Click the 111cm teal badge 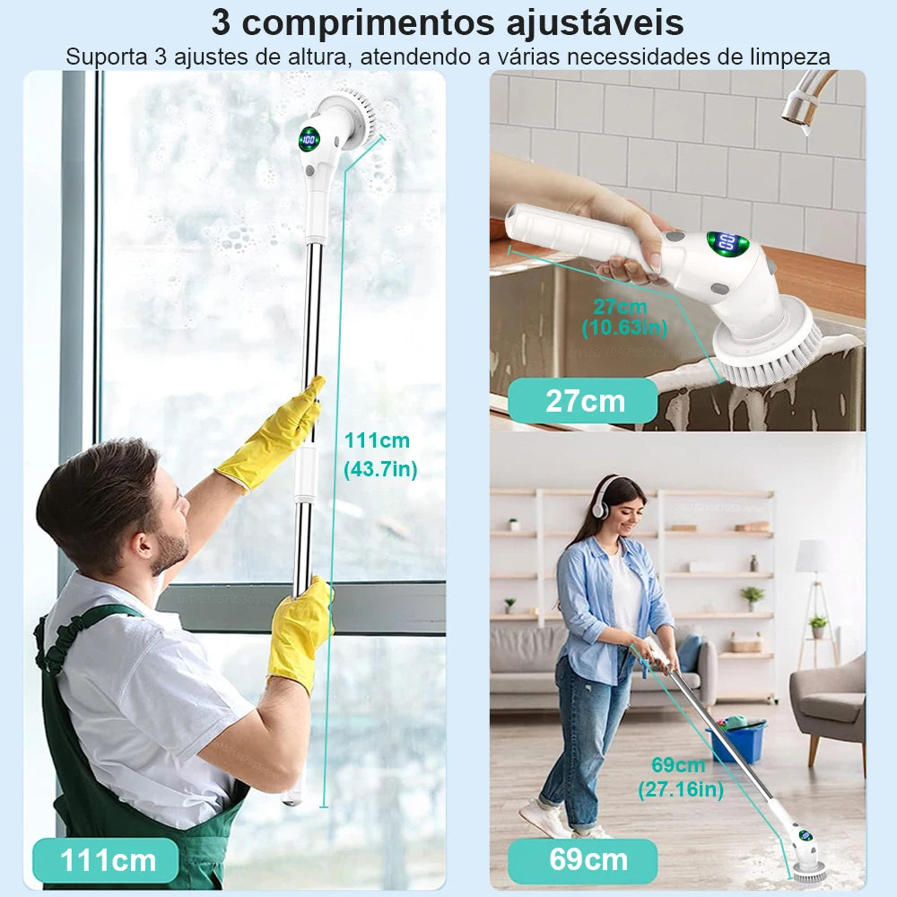click(x=106, y=860)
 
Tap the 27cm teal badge click(x=582, y=400)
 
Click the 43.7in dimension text click(x=380, y=468)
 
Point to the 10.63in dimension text click(x=624, y=327)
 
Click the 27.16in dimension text click(x=681, y=789)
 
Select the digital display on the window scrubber click(x=309, y=139)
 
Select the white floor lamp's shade click(x=814, y=556)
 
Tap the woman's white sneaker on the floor click(x=544, y=817)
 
